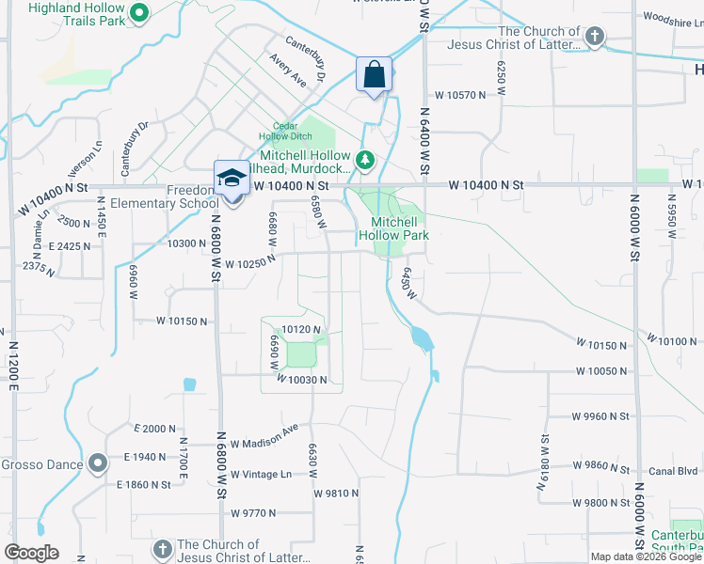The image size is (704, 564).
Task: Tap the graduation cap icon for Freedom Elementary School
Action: click(231, 178)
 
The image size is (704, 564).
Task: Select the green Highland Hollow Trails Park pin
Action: click(138, 13)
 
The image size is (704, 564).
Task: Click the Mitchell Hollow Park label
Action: click(393, 228)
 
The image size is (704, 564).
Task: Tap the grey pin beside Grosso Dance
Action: click(98, 463)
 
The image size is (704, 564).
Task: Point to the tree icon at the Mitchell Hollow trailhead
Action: click(367, 161)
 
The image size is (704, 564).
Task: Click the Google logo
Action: click(31, 553)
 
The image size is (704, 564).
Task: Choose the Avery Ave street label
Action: click(288, 71)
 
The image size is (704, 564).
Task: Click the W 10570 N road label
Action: click(461, 95)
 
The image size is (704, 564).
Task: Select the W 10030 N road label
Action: click(302, 379)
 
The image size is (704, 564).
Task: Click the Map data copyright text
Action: click(645, 556)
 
